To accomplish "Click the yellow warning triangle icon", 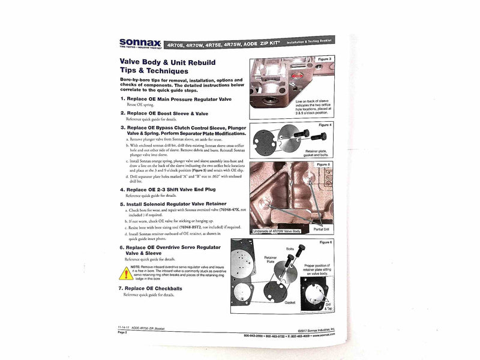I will tap(125, 274).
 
